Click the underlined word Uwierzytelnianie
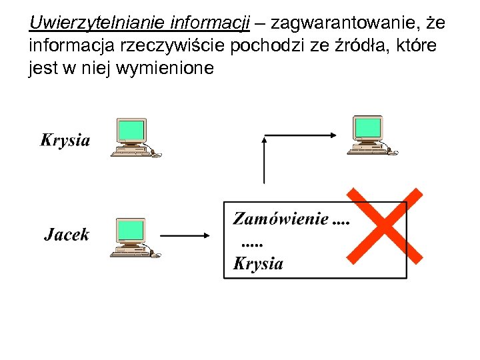click(x=97, y=25)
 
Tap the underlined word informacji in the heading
click(x=210, y=25)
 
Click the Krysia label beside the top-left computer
click(x=65, y=140)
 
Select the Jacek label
click(x=66, y=235)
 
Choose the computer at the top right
click(x=371, y=135)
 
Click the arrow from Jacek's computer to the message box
click(x=185, y=235)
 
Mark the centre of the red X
click(x=385, y=225)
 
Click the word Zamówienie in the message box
click(x=280, y=219)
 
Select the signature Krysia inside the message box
click(x=258, y=263)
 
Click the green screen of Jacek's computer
click(x=131, y=229)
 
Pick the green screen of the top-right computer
click(x=369, y=127)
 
